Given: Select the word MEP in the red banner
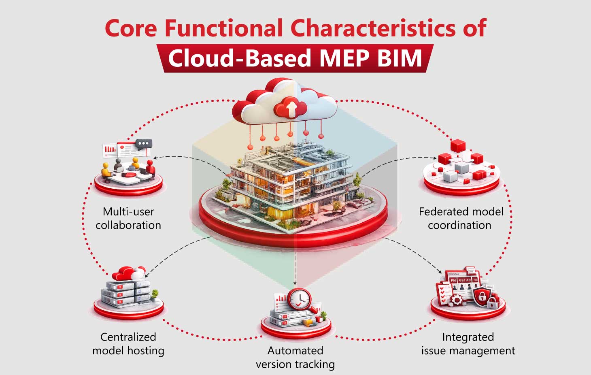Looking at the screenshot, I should (x=344, y=58).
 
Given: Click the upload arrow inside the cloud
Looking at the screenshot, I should (x=290, y=108).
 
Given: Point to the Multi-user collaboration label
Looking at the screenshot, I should (x=128, y=218).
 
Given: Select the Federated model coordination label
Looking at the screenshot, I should (x=461, y=218).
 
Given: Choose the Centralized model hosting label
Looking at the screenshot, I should (x=128, y=344).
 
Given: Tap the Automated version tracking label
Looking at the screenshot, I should (x=295, y=358).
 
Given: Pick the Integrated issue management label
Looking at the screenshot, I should (x=468, y=344).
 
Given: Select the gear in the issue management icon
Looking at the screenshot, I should (x=456, y=300).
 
